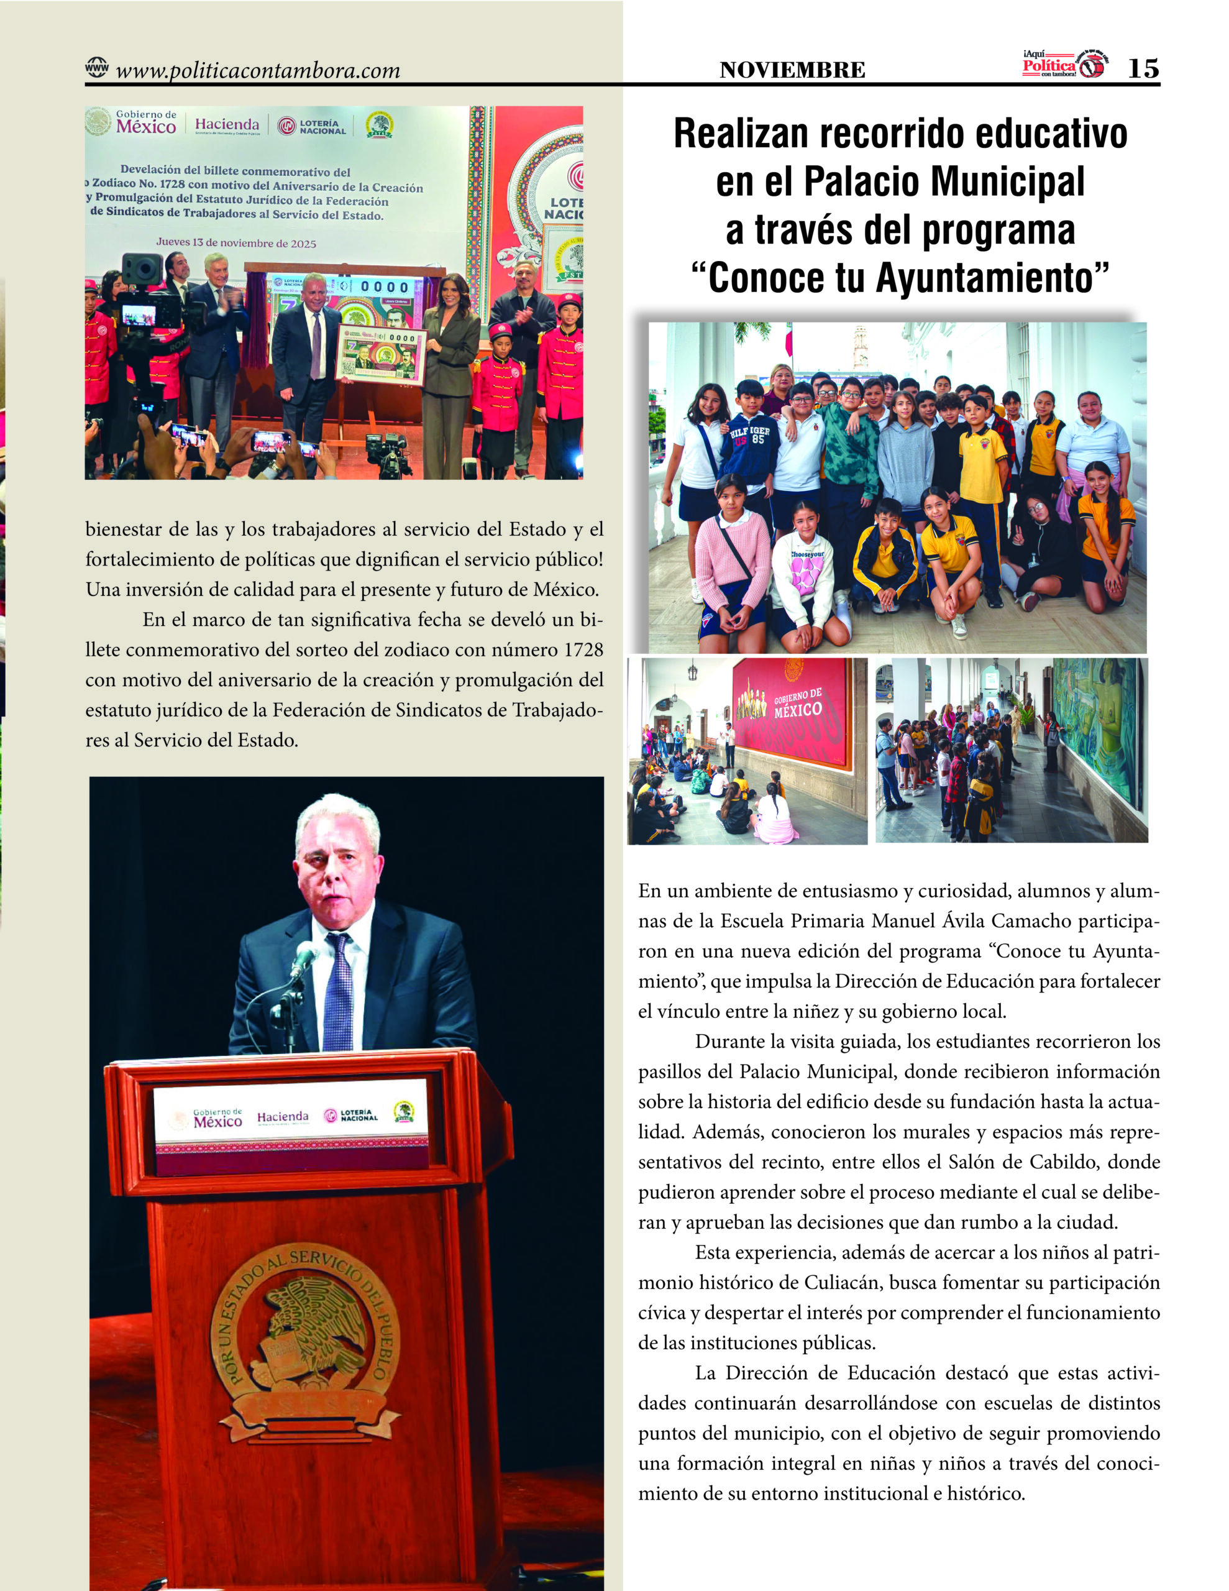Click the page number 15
point(1142,68)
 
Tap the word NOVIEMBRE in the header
point(792,71)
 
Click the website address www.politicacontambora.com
point(258,71)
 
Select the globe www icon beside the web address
point(96,68)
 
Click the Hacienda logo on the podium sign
point(283,1117)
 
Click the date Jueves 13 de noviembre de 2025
point(236,244)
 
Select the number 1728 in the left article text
point(583,650)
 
